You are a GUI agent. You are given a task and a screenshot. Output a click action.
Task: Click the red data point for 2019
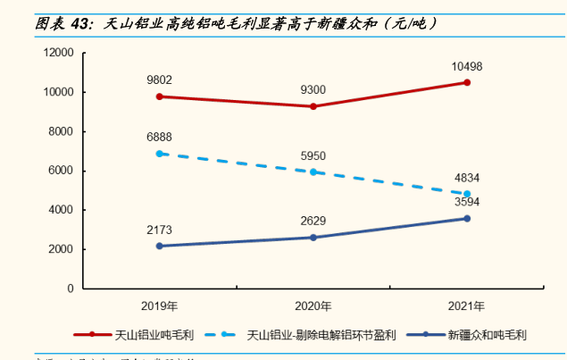[160, 96]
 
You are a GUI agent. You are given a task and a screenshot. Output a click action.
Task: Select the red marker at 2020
[313, 106]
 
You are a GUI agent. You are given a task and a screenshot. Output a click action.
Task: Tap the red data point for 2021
[466, 82]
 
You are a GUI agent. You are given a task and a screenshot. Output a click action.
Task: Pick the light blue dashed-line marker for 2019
[160, 154]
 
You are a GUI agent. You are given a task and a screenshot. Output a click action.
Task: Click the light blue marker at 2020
[313, 172]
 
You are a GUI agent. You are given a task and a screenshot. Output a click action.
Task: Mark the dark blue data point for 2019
[160, 246]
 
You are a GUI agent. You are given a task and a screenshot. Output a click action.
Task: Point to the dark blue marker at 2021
[466, 218]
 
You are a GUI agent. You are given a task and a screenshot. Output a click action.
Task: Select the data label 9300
[313, 90]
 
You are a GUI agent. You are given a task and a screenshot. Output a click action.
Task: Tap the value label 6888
[160, 137]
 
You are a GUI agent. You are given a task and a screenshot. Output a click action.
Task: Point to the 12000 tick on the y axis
[57, 53]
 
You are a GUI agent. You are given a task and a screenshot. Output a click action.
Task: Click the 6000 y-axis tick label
[60, 171]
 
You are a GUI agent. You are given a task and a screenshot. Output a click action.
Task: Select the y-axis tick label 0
[69, 289]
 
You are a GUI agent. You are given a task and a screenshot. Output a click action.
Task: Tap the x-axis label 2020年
[313, 305]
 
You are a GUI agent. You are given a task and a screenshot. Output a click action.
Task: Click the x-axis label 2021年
[466, 305]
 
